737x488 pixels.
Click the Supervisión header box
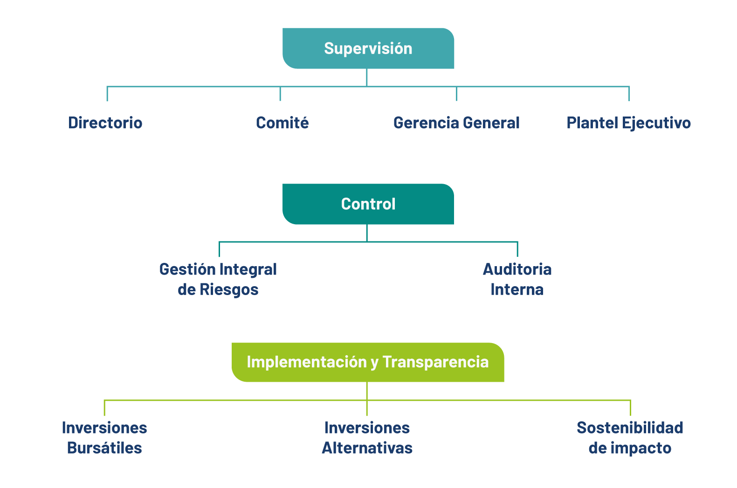click(x=368, y=48)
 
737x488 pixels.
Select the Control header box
click(x=368, y=204)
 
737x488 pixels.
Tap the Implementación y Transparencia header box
click(x=368, y=362)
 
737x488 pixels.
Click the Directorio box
click(x=107, y=123)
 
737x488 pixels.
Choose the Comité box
click(x=281, y=123)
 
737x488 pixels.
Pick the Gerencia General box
click(x=455, y=123)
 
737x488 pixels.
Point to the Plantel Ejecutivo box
click(x=629, y=123)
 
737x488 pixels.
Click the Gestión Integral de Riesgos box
click(x=218, y=279)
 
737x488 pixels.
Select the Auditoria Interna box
click(x=517, y=279)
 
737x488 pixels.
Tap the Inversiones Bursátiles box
click(x=105, y=438)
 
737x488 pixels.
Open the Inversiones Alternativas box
click(x=367, y=438)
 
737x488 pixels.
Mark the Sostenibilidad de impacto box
click(x=631, y=438)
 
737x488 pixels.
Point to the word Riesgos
click(x=229, y=290)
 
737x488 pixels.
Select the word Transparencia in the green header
click(x=435, y=362)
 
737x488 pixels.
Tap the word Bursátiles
click(x=105, y=448)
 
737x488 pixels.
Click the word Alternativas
click(x=367, y=448)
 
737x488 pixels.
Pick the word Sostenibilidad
click(x=630, y=428)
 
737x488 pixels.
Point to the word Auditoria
click(x=517, y=269)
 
